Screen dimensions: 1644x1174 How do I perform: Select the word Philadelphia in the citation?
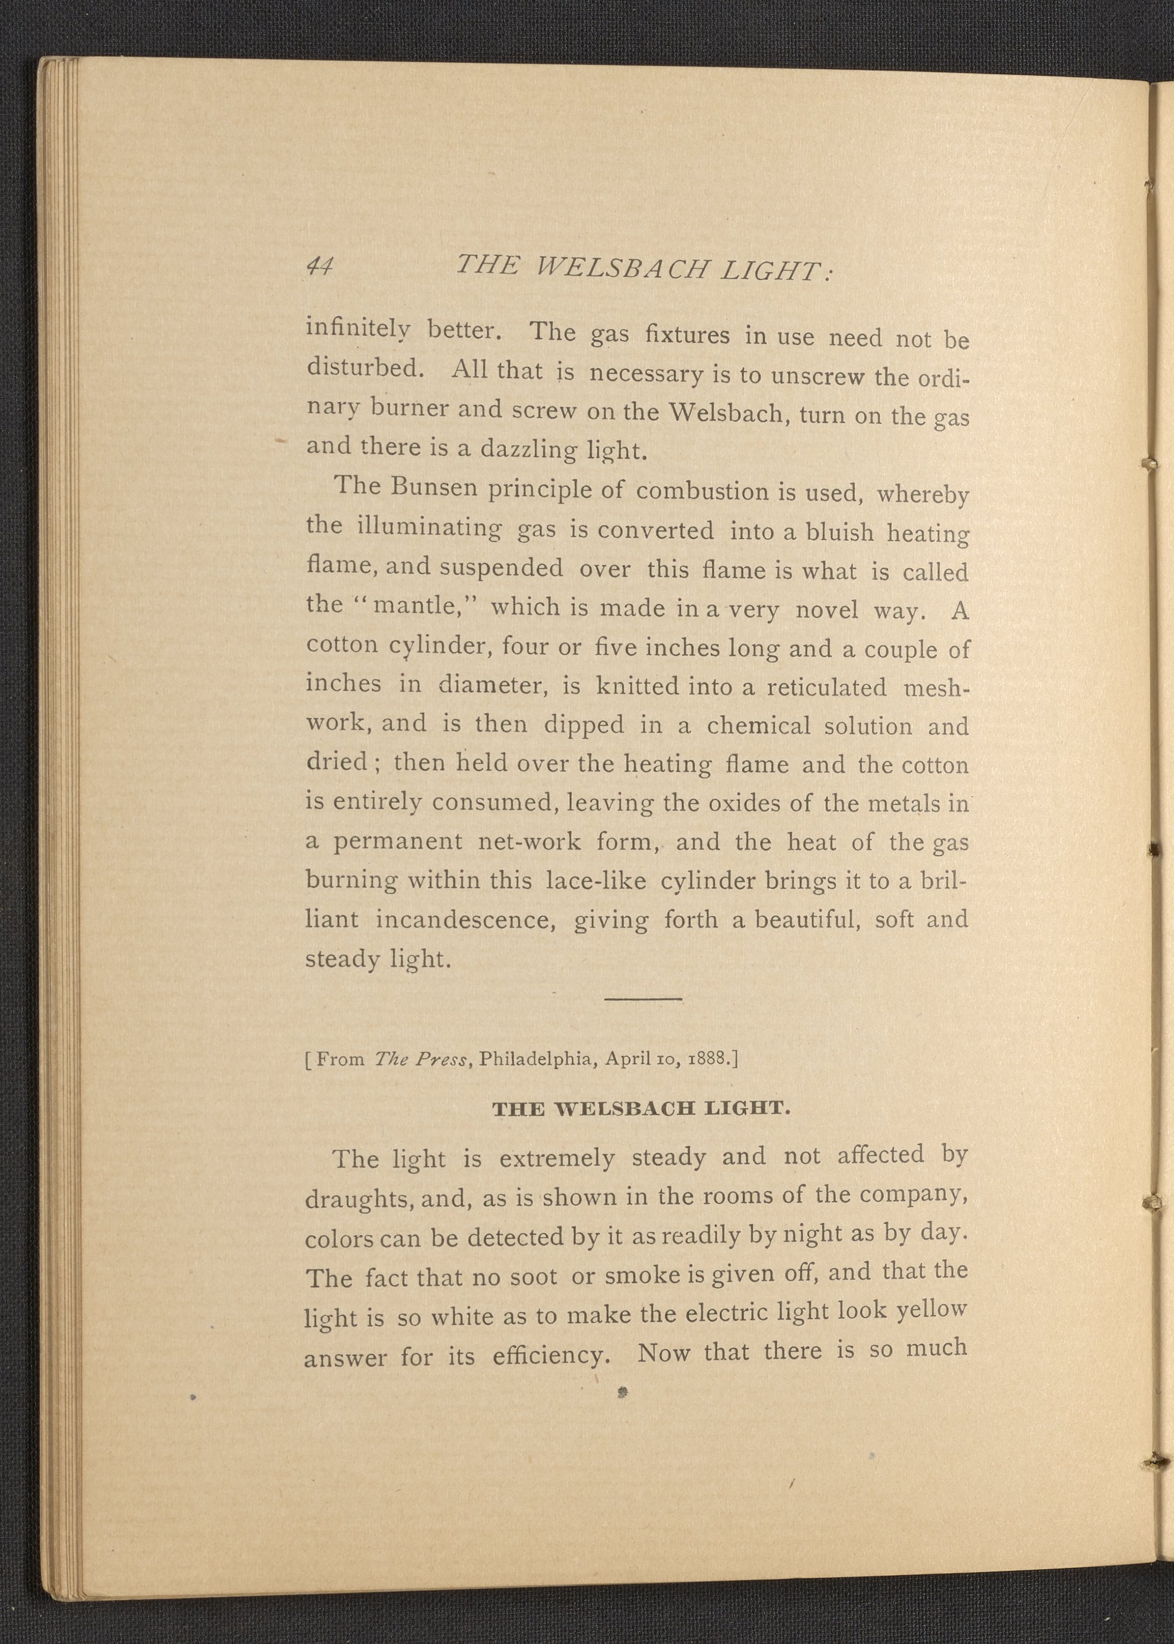pyautogui.click(x=538, y=1059)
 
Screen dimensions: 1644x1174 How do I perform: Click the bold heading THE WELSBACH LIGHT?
pyautogui.click(x=640, y=1109)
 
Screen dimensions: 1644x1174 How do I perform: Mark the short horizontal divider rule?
pyautogui.click(x=643, y=1000)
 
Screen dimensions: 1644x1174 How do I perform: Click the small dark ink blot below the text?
pyautogui.click(x=621, y=1390)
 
